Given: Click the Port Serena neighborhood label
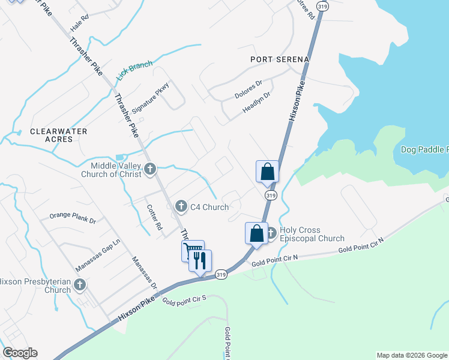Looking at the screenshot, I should [x=280, y=59].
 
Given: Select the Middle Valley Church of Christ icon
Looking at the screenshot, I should [x=150, y=169].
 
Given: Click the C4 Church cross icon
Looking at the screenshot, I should [x=180, y=207].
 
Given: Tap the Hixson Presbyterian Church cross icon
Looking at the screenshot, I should [x=80, y=284].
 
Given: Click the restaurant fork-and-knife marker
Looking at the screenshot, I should [x=200, y=260].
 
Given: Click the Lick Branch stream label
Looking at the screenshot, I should [x=135, y=71].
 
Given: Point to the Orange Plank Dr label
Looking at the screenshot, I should [x=73, y=217].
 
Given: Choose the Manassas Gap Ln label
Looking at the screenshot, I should [x=98, y=254].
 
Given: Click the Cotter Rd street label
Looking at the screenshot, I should [x=154, y=218].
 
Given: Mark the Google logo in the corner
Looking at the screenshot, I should [x=20, y=353].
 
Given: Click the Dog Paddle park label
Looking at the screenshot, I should [x=424, y=149].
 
